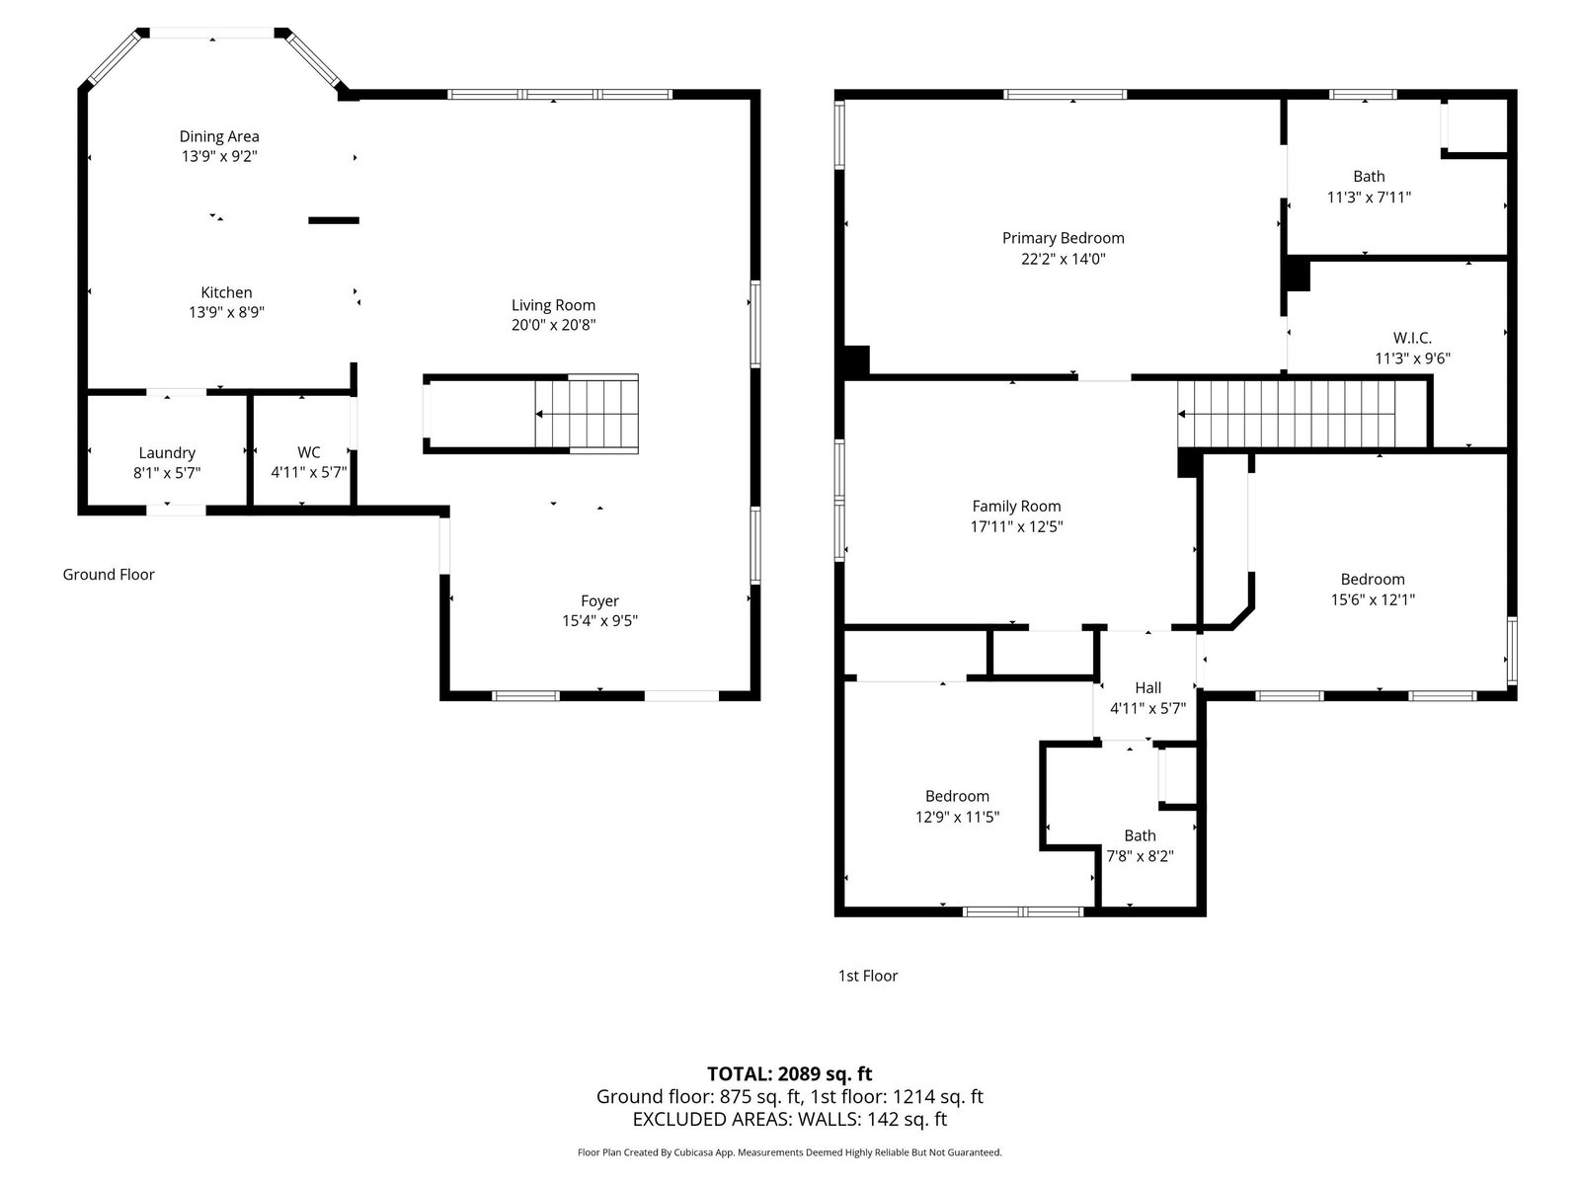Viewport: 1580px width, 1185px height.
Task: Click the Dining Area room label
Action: [x=219, y=136]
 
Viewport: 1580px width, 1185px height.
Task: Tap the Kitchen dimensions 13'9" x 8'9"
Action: [x=227, y=312]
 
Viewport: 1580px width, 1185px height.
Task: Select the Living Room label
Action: [x=553, y=305]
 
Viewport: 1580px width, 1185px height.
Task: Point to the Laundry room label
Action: [x=167, y=453]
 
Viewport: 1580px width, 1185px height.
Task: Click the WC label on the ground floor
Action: [x=309, y=452]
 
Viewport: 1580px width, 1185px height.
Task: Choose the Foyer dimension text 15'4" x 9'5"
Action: [x=599, y=621]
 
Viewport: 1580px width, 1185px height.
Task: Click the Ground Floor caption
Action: [x=109, y=574]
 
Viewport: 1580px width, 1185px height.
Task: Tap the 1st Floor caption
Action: [x=868, y=976]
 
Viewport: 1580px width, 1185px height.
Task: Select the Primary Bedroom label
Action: [x=1064, y=238]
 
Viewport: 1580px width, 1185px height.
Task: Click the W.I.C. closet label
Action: [x=1412, y=338]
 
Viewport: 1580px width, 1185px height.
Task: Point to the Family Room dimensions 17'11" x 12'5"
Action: [x=1016, y=526]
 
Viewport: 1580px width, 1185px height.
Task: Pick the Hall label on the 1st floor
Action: [x=1148, y=688]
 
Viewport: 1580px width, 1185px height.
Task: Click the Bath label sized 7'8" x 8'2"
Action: [x=1141, y=835]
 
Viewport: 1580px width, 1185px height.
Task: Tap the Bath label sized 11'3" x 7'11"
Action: [x=1369, y=177]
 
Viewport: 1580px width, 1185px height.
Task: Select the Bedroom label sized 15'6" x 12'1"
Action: [x=1373, y=580]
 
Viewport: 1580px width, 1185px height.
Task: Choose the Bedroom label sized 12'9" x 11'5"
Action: [x=957, y=796]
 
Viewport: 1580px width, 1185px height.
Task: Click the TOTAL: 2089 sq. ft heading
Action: [x=790, y=1073]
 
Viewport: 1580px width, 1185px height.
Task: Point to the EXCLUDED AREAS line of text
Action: [x=790, y=1119]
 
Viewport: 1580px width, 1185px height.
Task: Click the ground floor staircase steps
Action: [x=587, y=414]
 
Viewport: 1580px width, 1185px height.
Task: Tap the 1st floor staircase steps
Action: [x=1286, y=414]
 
